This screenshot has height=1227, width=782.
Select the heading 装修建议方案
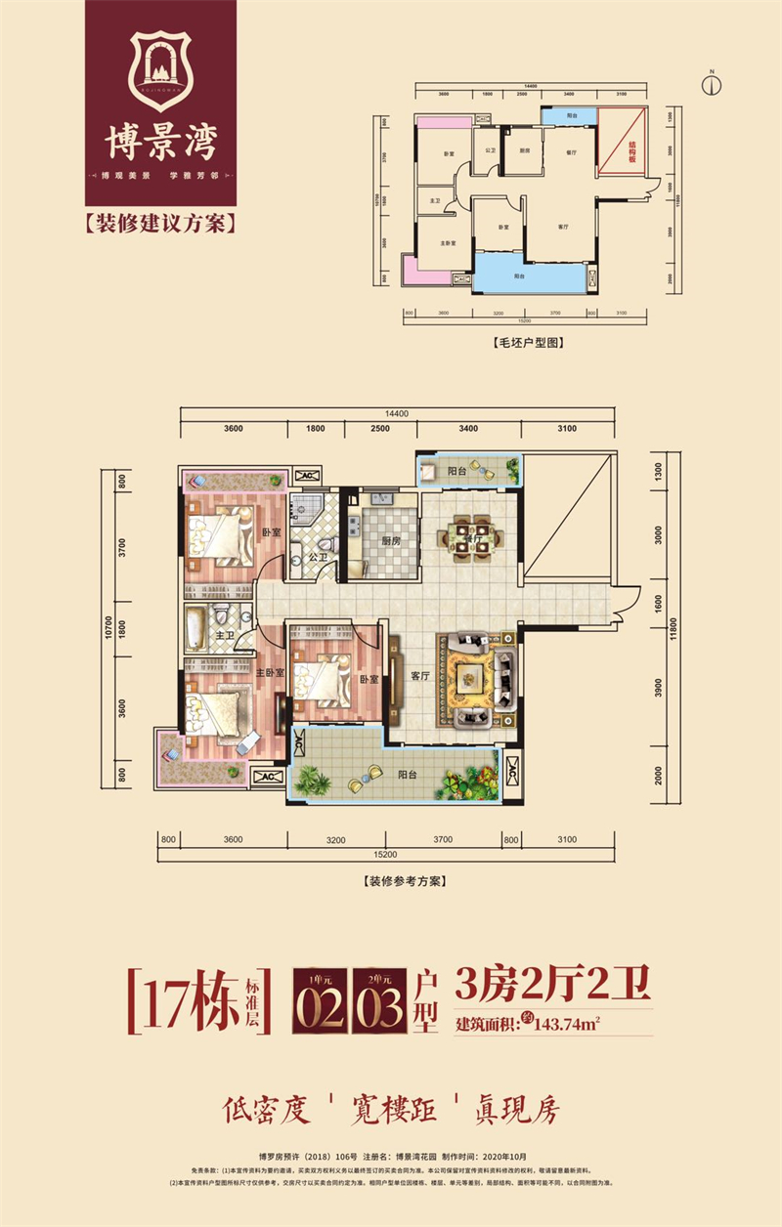[160, 224]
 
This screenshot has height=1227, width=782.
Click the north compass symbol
[712, 82]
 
